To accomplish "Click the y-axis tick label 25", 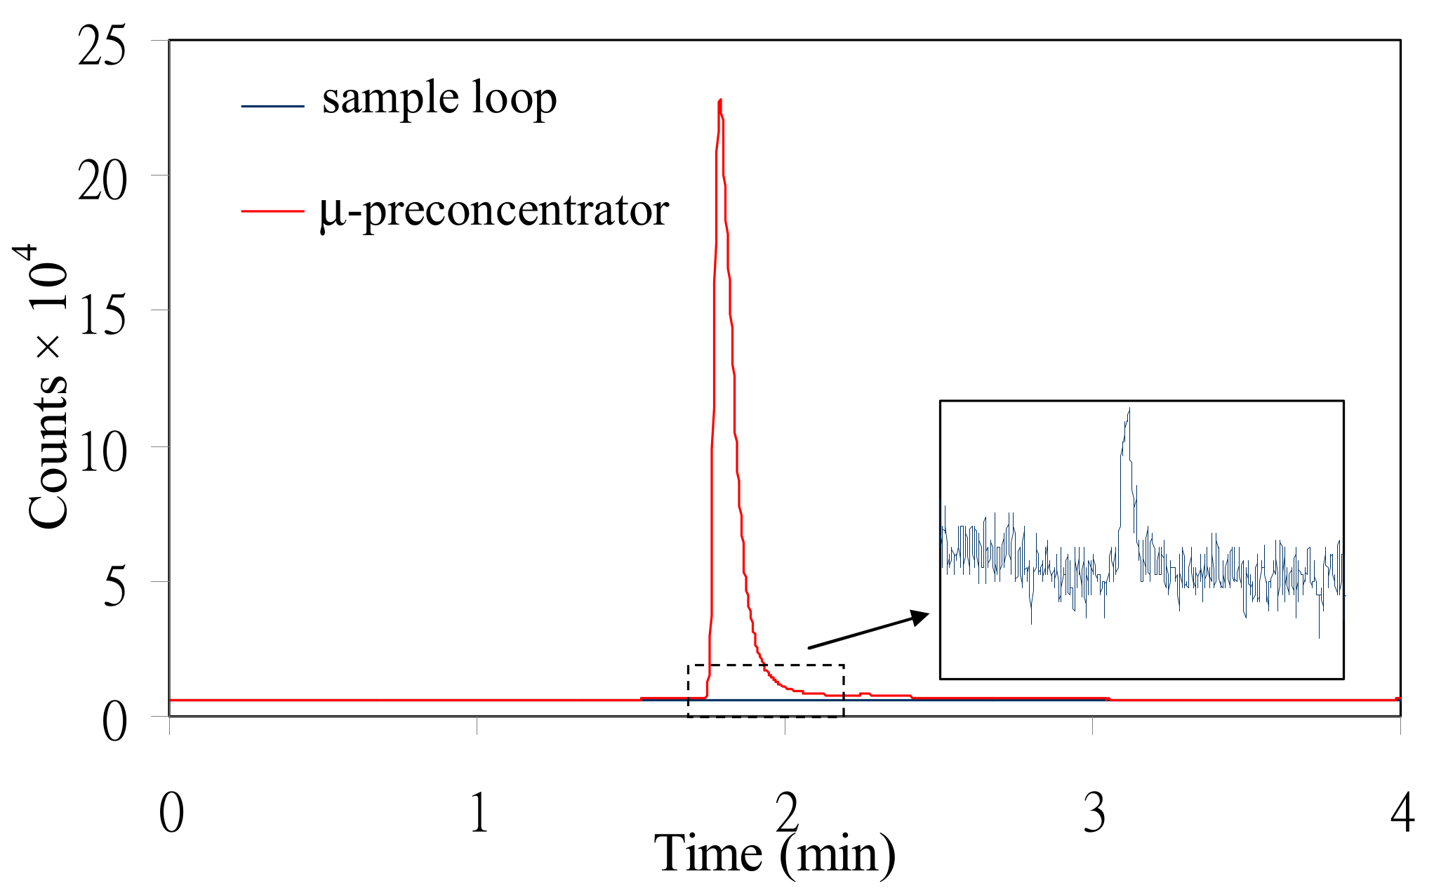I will click(x=102, y=46).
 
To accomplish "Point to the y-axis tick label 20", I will click(x=102, y=181).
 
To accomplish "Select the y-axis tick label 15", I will click(x=102, y=316).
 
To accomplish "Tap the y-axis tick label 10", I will click(x=102, y=452).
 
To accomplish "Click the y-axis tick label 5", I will click(x=114, y=587).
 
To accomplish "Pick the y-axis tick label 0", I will click(x=114, y=722).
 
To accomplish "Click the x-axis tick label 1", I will click(x=479, y=813).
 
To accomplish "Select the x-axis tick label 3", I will click(x=1094, y=813).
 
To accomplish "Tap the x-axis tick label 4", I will click(x=1402, y=813).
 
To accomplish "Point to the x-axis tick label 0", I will click(x=171, y=813).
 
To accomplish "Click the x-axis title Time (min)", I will click(x=775, y=854).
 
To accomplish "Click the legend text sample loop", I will click(x=439, y=98).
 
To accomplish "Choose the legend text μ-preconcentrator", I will click(x=494, y=210).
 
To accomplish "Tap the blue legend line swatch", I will click(x=272, y=106).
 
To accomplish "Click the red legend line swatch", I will click(x=272, y=210).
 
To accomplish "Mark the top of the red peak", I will click(x=720, y=100).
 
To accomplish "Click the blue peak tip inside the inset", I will click(x=1129, y=409).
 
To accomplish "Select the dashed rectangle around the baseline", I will click(x=765, y=665).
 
